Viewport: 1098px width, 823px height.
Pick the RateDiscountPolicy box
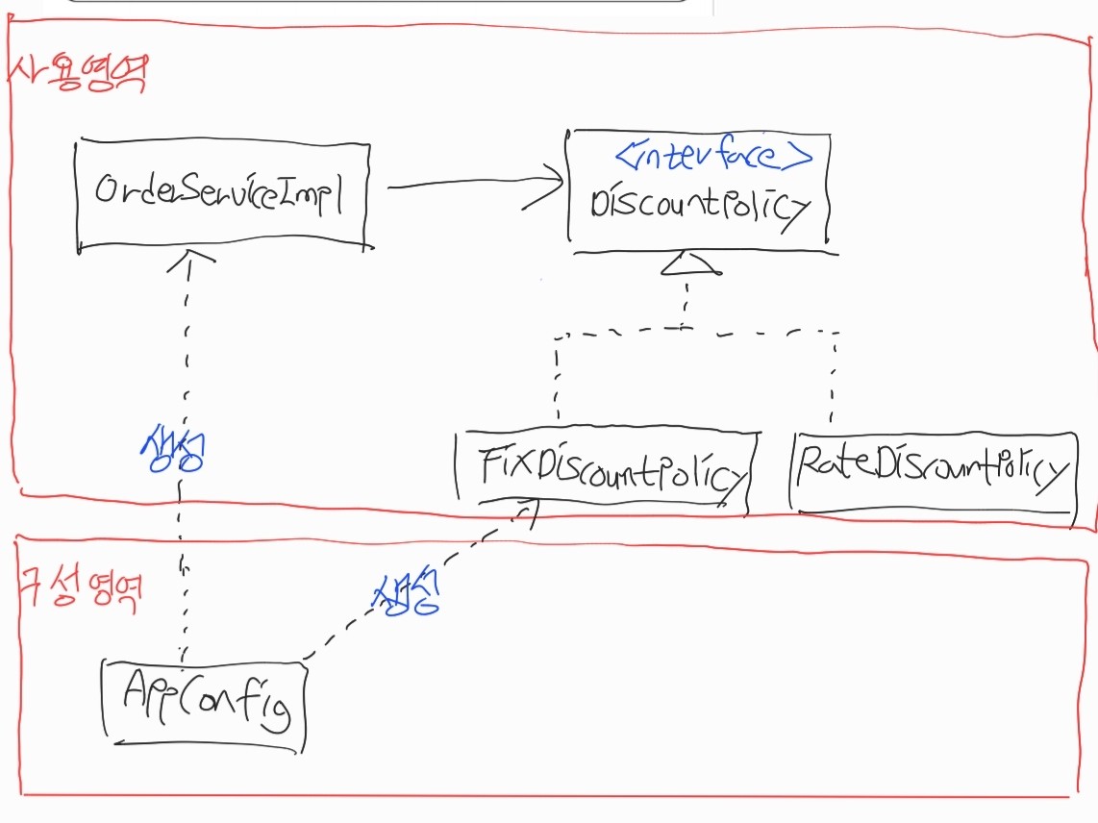[x=931, y=472]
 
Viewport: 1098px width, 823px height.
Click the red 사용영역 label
[x=77, y=73]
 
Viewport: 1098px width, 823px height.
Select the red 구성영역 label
[x=83, y=586]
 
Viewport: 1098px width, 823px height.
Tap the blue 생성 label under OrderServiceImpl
[x=172, y=448]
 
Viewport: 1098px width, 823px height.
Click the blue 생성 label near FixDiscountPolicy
[x=405, y=596]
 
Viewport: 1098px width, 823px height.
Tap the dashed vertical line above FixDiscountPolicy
[x=557, y=380]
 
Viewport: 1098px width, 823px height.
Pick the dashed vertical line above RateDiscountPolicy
[x=833, y=380]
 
